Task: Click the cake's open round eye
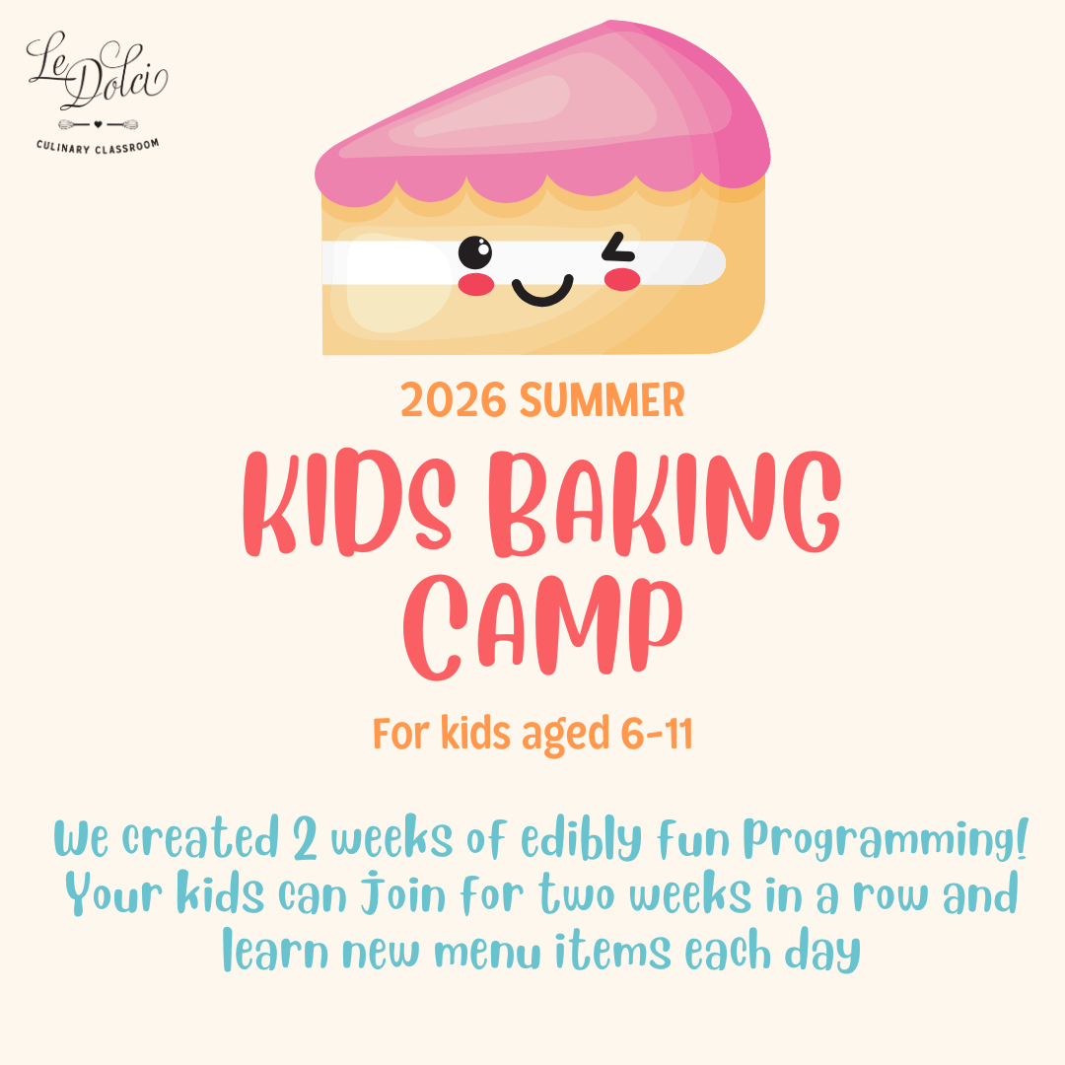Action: pos(474,252)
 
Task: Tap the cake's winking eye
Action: pos(618,248)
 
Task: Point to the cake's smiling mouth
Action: pos(542,290)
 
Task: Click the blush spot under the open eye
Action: pos(476,285)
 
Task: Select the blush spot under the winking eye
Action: pos(622,279)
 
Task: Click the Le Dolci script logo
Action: pos(97,71)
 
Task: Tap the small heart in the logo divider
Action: pos(98,124)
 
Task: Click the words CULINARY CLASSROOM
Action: pos(98,146)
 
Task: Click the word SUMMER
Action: pos(603,400)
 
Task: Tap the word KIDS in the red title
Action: pos(349,503)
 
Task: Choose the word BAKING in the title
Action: pos(665,503)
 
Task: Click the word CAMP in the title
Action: pos(542,626)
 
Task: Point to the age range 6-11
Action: pos(657,734)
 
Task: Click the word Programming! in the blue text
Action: pos(886,839)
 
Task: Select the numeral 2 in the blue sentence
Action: pos(305,837)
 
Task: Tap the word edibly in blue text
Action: pos(581,838)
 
